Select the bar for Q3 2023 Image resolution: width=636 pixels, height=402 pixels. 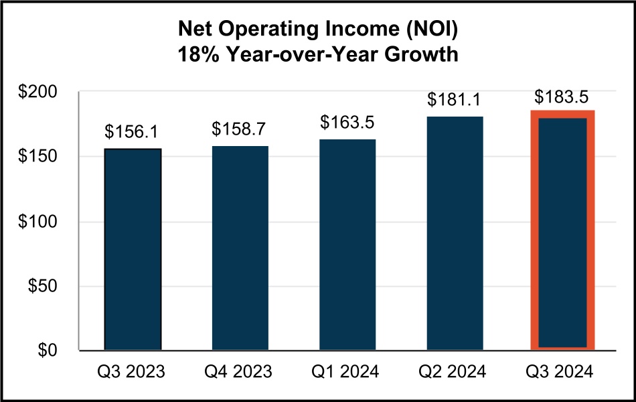[x=133, y=249]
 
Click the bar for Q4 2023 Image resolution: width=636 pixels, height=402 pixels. [x=240, y=248]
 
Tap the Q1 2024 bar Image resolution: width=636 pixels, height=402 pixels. [x=347, y=245]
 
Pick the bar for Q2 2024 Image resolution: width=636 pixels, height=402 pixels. [x=455, y=233]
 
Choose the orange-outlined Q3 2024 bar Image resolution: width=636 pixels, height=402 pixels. [x=562, y=230]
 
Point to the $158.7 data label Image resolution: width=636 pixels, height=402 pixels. [x=240, y=129]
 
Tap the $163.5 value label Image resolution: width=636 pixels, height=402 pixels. [x=347, y=123]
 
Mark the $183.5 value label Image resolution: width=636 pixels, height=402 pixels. [x=562, y=96]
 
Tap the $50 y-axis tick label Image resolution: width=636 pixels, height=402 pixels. [x=44, y=287]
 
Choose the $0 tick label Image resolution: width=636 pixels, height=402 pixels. [x=48, y=351]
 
